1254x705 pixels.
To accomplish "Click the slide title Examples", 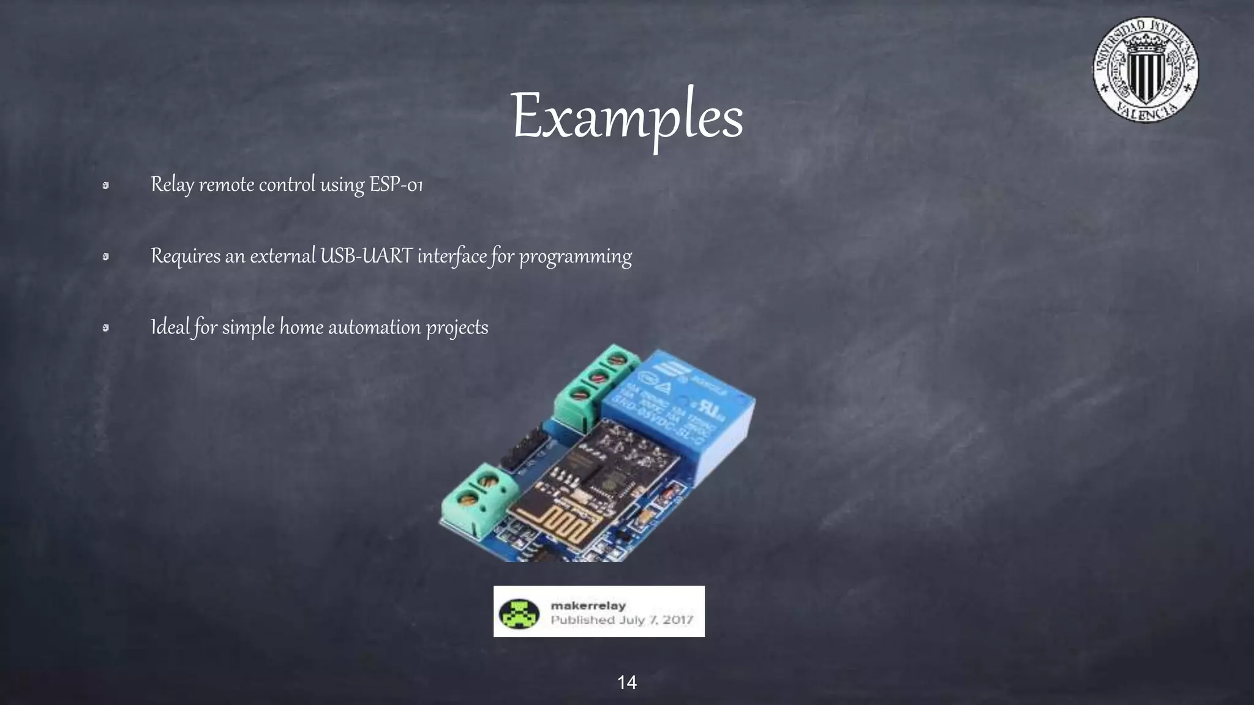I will coord(627,116).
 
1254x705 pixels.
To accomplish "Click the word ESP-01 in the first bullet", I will coord(396,184).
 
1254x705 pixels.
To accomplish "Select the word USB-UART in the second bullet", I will coord(366,256).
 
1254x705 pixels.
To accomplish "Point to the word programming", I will coord(576,257).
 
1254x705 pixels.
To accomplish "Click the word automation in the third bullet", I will coord(374,327).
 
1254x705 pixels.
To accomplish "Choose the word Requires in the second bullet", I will coord(186,256).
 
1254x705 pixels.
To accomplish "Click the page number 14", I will coord(627,682).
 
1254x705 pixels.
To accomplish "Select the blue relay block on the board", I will coord(680,416).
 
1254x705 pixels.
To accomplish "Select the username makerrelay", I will coord(588,605).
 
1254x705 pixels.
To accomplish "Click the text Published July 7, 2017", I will coord(621,620).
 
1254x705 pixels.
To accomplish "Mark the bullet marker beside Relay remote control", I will coord(105,185).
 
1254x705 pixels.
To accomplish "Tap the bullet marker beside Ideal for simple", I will coord(105,328).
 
